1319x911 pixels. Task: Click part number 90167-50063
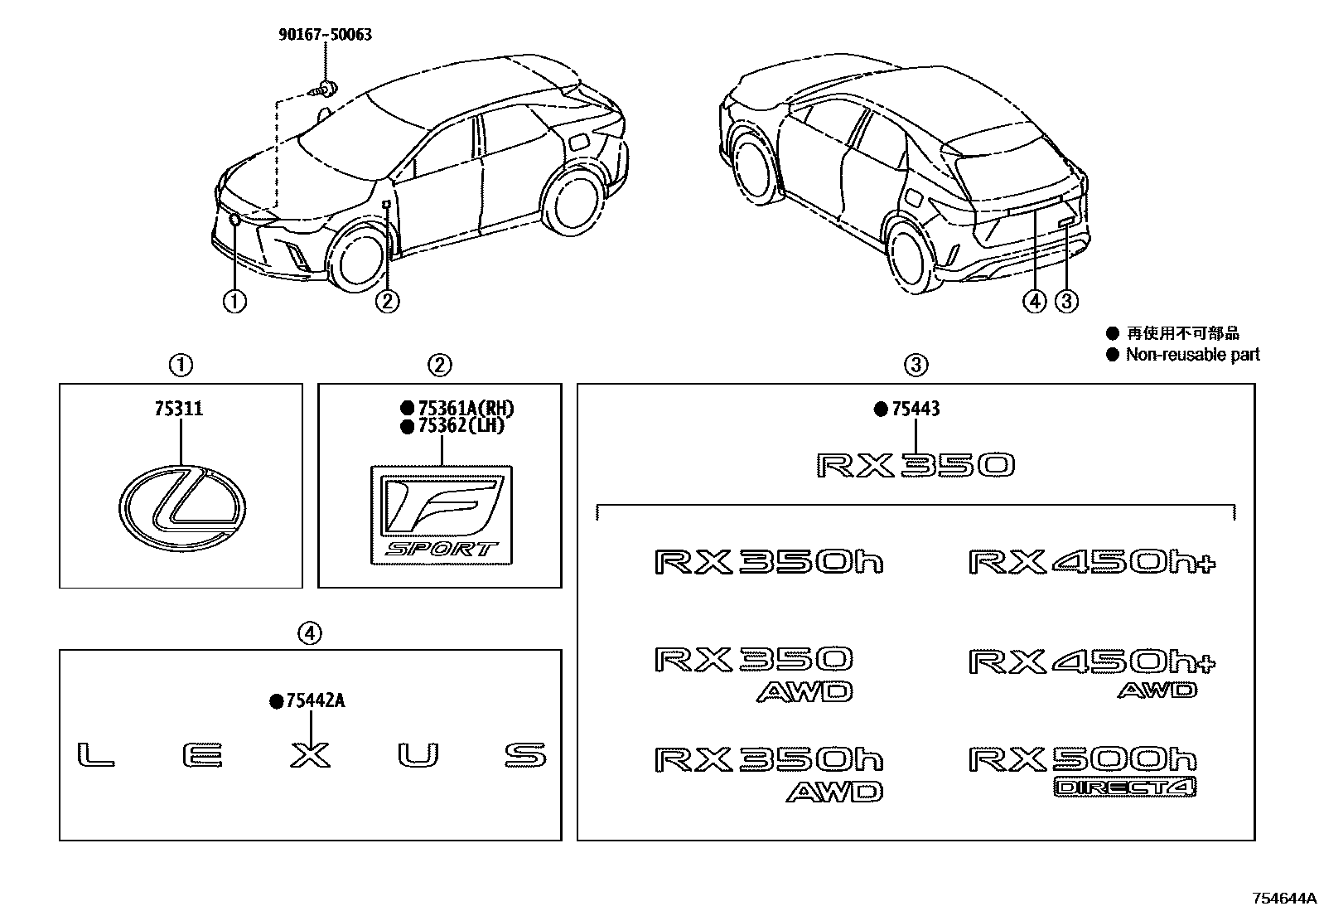[x=324, y=35]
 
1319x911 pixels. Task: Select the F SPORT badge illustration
[x=441, y=516]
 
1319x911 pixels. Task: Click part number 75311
[x=179, y=409]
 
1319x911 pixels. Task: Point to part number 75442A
[x=315, y=701]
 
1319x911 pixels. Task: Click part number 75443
[x=915, y=409]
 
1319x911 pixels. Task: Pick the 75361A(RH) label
[x=466, y=408]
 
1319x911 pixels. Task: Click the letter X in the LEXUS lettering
[x=311, y=756]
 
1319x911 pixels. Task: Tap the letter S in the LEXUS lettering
[x=525, y=756]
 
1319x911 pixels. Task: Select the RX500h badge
[x=1083, y=759]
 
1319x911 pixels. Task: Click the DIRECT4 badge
[x=1125, y=787]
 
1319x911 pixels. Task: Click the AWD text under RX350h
[x=834, y=792]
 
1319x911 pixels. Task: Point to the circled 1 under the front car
[x=234, y=302]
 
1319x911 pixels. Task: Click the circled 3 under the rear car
[x=1067, y=302]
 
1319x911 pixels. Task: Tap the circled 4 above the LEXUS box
[x=309, y=634]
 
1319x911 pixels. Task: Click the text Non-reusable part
[x=1192, y=355]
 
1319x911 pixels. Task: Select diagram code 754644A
[x=1283, y=898]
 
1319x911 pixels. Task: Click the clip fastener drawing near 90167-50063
[x=325, y=90]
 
